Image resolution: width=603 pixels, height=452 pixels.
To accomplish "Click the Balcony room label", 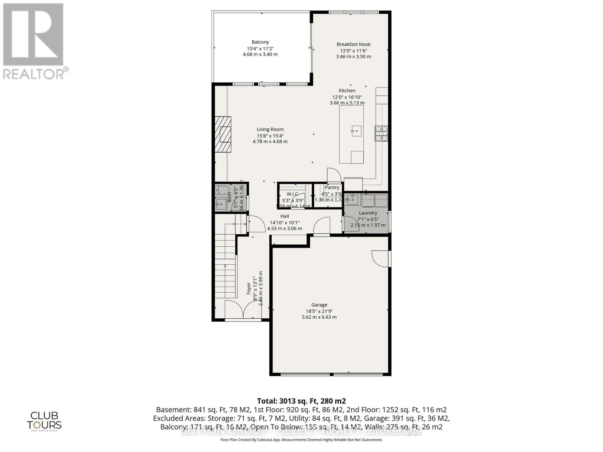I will [x=260, y=42].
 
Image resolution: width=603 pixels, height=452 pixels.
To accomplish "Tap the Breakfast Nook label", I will [x=354, y=44].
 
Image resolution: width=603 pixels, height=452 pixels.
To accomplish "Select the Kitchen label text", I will [x=347, y=90].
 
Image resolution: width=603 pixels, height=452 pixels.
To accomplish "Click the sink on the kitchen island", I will [x=356, y=131].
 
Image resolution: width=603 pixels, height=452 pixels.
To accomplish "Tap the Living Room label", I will [x=270, y=130].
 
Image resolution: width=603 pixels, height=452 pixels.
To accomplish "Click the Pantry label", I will [x=332, y=188].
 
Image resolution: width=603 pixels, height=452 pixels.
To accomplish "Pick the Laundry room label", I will [x=368, y=213].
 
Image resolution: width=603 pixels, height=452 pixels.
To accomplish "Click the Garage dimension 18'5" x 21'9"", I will [x=319, y=311].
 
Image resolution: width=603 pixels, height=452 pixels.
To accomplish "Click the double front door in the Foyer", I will [x=243, y=310].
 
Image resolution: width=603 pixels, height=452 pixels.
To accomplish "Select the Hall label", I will [x=285, y=216].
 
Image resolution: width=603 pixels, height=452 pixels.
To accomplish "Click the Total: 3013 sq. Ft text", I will [x=301, y=401].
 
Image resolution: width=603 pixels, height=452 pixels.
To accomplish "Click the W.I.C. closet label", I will [x=292, y=194].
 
